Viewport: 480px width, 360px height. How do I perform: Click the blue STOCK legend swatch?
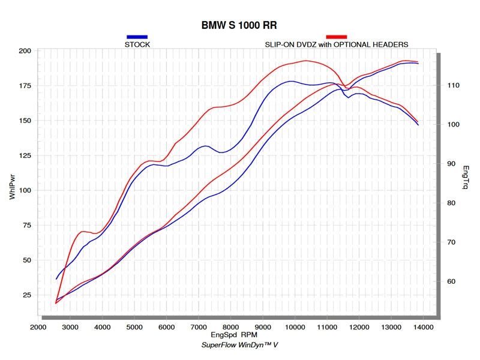click(x=137, y=37)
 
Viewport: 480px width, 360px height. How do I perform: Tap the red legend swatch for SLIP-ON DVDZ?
click(x=336, y=37)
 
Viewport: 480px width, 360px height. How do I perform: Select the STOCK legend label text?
click(x=137, y=44)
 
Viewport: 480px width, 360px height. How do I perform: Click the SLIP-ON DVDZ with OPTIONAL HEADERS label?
click(x=337, y=44)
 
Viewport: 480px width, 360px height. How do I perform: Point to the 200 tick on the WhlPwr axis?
click(x=25, y=51)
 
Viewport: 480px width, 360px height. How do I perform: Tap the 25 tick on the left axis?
click(x=27, y=295)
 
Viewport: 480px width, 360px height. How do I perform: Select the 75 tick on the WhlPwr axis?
click(x=27, y=226)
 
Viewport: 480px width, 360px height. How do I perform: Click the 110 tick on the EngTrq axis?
click(x=453, y=86)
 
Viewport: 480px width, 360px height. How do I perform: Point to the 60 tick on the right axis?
click(x=451, y=281)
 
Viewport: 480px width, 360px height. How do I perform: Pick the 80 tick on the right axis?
click(x=451, y=203)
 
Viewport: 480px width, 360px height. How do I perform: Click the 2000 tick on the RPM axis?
click(x=38, y=327)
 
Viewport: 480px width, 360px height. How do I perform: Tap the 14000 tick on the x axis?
click(x=424, y=327)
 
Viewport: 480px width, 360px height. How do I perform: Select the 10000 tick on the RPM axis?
click(x=295, y=327)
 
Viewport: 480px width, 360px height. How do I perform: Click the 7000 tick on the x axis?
click(x=199, y=327)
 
